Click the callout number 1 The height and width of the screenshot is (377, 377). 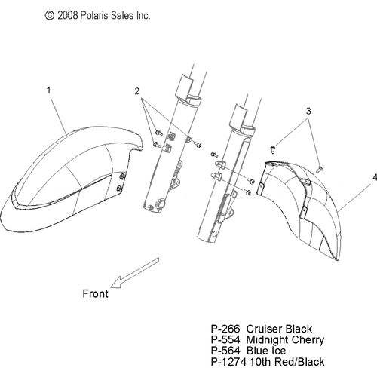(x=49, y=90)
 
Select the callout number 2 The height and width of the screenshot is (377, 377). (x=136, y=91)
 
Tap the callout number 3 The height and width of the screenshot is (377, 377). (x=308, y=111)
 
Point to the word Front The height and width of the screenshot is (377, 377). (x=96, y=293)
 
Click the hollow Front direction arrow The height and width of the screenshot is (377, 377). (x=135, y=273)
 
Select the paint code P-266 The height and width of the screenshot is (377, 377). (x=225, y=329)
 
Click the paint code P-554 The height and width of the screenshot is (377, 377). (x=225, y=339)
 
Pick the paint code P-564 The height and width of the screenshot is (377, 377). (x=225, y=351)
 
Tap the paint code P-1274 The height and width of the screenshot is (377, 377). (x=228, y=362)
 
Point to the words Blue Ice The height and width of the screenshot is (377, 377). (x=266, y=351)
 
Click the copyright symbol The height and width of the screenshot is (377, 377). (x=50, y=16)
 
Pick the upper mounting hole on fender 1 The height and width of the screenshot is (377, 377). (x=123, y=176)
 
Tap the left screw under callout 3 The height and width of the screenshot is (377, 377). (x=273, y=149)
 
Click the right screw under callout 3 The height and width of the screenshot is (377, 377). (x=319, y=169)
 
